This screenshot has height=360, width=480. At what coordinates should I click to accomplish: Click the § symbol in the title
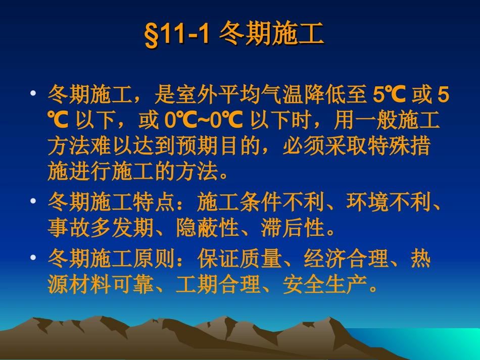(x=151, y=37)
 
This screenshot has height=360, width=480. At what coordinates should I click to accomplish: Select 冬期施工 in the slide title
(x=272, y=36)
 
